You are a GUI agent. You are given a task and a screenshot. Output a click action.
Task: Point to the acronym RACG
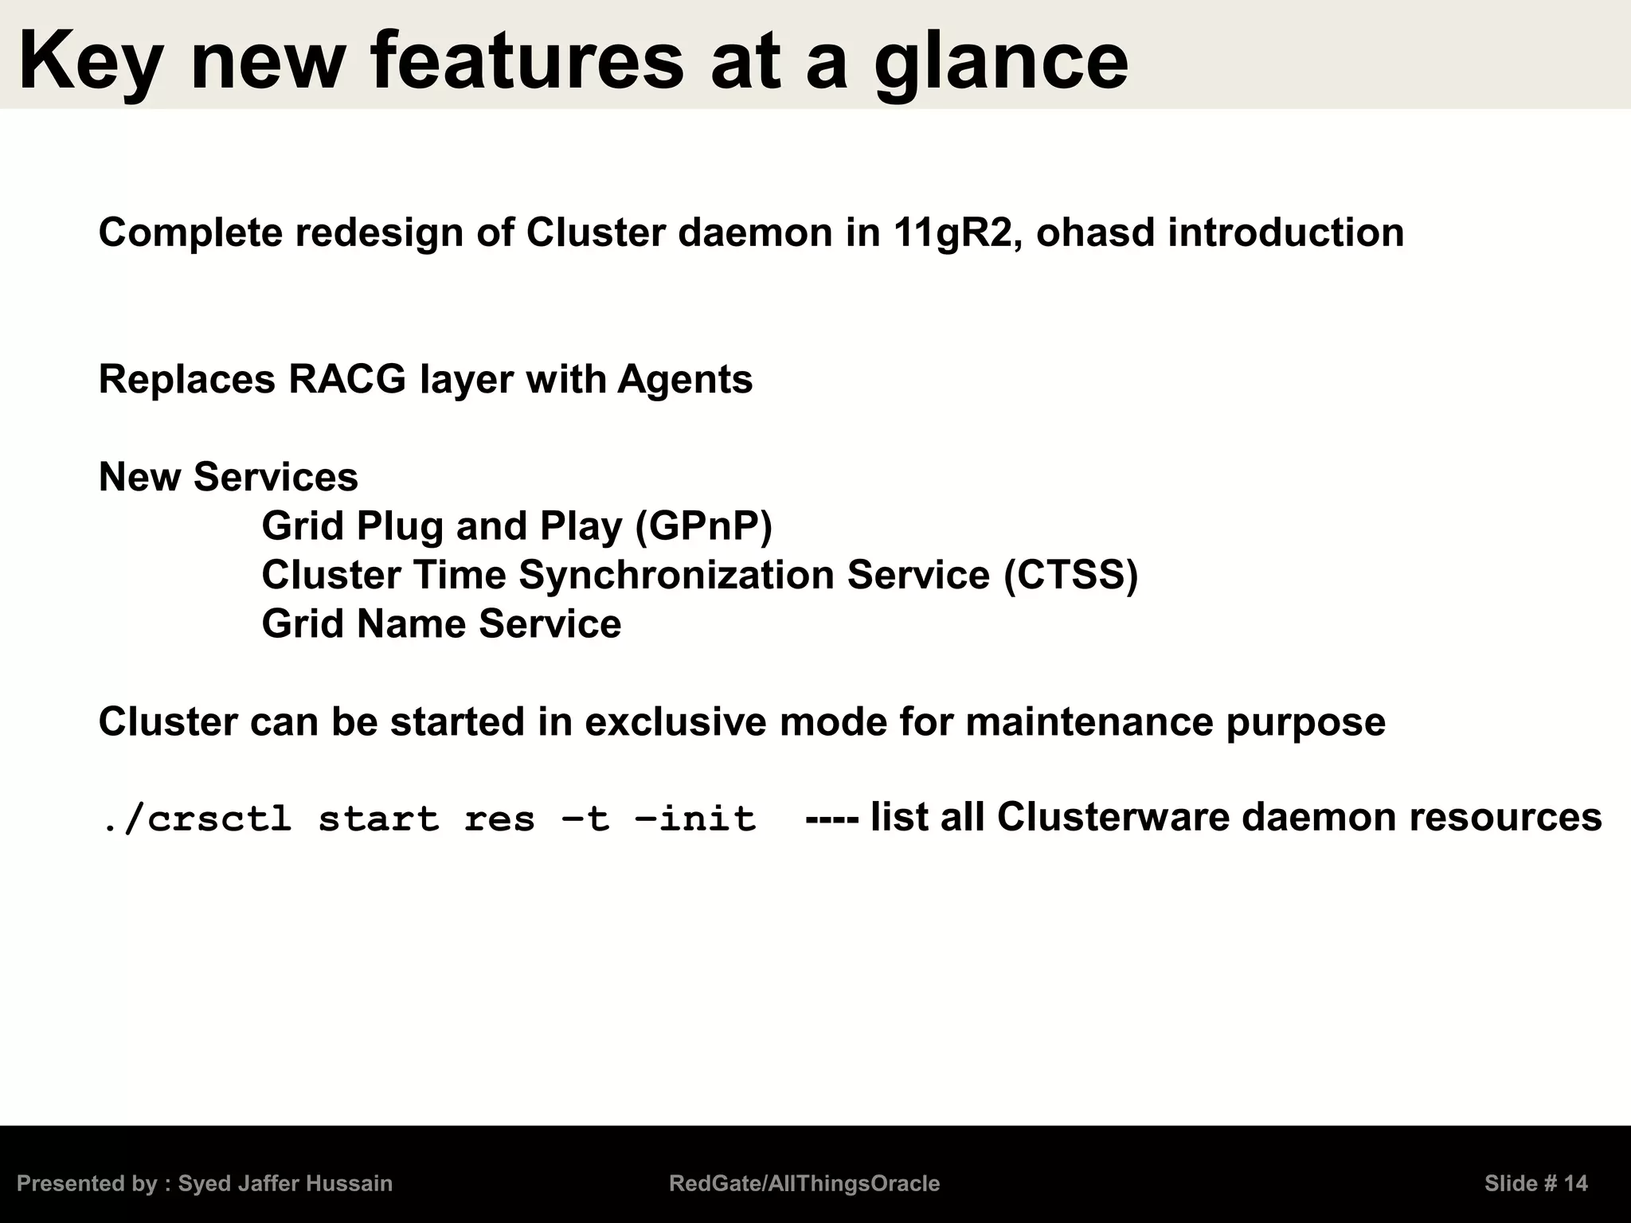pos(347,379)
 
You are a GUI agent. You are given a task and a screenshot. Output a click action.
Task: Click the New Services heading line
pos(228,477)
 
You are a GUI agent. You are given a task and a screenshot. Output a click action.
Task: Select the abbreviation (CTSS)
pos(1071,575)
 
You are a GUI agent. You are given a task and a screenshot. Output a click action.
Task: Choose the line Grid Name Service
pos(441,623)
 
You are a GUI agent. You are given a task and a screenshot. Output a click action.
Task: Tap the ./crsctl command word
pos(196,819)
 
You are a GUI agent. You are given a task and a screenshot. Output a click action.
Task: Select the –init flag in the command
pos(694,819)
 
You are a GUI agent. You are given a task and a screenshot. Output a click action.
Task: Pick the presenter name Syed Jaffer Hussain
pos(285,1184)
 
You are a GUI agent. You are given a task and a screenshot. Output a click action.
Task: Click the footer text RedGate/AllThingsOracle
pos(804,1184)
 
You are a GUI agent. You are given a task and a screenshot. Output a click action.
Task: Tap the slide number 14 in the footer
pos(1575,1184)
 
